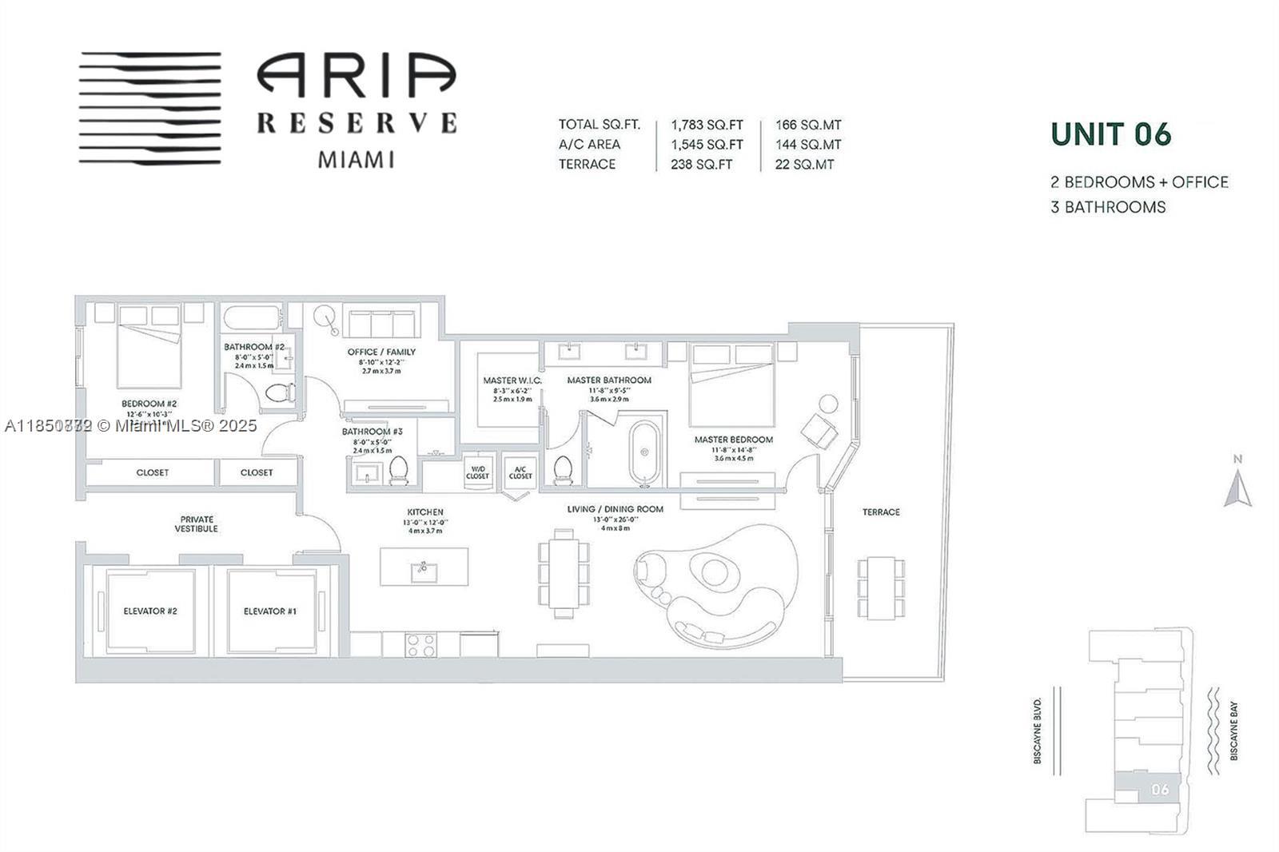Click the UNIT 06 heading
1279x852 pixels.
1110,134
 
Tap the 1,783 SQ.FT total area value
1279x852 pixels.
707,125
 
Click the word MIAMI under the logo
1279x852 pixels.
357,159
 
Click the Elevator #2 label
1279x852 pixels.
150,611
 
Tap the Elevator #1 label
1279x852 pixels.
270,611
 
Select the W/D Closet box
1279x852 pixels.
477,472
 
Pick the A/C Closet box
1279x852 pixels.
520,472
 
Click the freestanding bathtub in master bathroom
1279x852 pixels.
644,452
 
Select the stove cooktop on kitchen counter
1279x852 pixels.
420,644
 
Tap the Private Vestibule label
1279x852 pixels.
197,524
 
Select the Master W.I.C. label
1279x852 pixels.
512,380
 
